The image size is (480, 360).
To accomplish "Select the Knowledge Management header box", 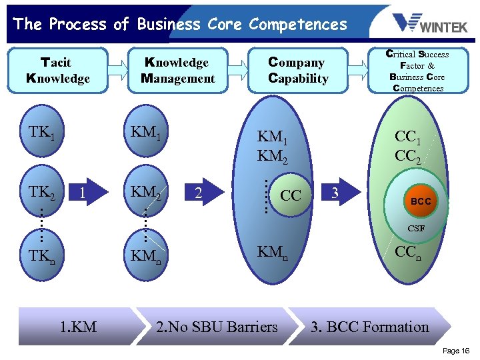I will [178, 71].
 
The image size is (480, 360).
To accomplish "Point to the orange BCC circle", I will [420, 200].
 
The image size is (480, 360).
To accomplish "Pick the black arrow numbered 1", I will [84, 193].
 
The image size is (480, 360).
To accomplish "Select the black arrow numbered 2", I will [200, 193].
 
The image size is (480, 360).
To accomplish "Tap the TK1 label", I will [41, 133].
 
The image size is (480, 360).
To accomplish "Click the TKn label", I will [41, 255].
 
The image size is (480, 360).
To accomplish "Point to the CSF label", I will [416, 229].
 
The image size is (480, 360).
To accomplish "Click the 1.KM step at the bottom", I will [78, 327].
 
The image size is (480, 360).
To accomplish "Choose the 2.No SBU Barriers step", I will [217, 327].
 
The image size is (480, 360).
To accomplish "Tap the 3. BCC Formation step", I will [370, 327].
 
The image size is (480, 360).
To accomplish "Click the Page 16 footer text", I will [456, 351].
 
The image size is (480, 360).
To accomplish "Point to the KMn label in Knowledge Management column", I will [149, 255].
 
